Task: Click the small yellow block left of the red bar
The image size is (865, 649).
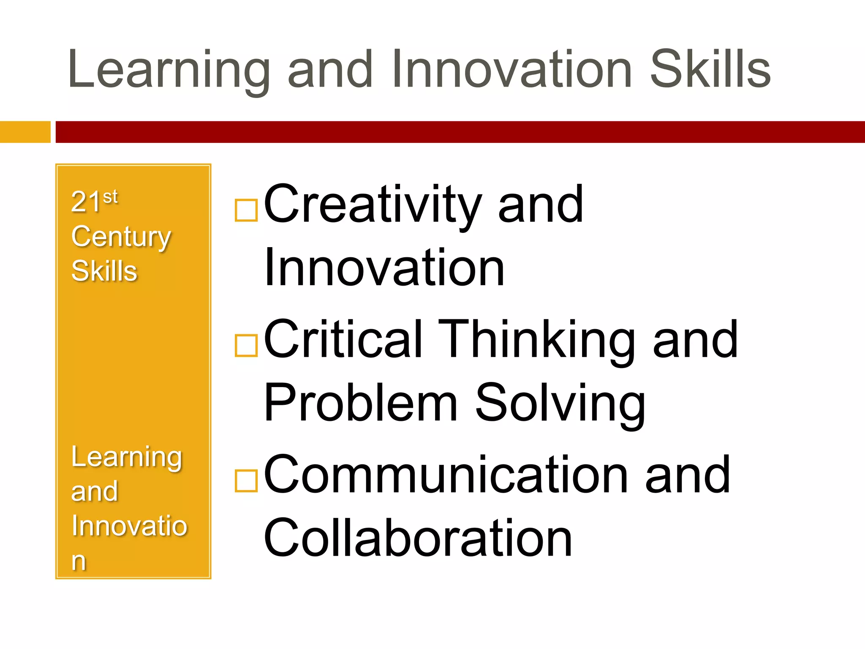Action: point(25,132)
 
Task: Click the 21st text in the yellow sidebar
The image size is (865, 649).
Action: point(94,201)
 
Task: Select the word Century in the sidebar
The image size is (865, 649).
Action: point(121,237)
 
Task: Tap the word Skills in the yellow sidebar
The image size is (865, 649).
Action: point(104,271)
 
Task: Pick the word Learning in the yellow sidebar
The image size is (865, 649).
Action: point(127,458)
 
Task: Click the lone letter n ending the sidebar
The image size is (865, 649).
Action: point(79,561)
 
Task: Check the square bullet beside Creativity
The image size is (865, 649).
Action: point(246,210)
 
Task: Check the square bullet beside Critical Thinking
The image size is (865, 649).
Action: point(246,345)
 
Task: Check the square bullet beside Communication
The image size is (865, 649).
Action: point(246,480)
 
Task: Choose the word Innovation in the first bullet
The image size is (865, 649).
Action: point(384,267)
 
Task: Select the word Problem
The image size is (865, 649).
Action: point(361,403)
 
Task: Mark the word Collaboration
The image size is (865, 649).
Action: point(418,538)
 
